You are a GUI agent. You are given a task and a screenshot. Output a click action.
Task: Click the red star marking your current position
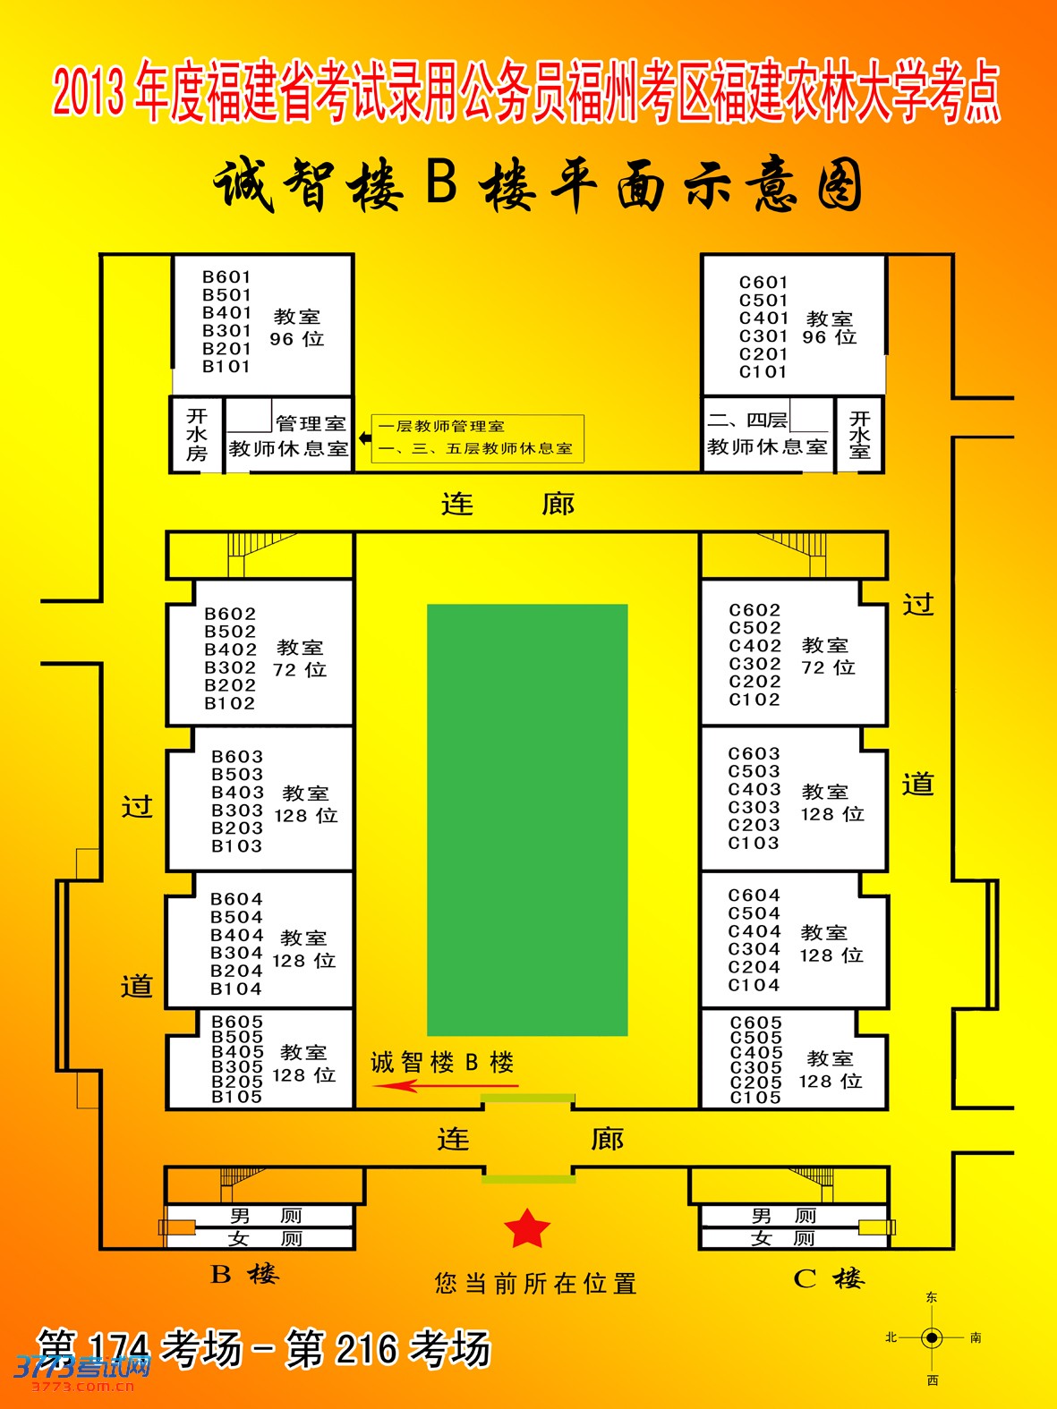(x=526, y=1228)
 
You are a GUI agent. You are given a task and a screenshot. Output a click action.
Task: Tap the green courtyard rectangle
(x=527, y=819)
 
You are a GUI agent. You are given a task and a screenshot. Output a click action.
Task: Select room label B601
(x=226, y=277)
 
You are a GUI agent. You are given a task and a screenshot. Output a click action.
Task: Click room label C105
(x=755, y=1098)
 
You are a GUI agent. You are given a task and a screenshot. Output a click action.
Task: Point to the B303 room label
(x=237, y=811)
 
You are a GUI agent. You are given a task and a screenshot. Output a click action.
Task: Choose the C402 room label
(x=754, y=646)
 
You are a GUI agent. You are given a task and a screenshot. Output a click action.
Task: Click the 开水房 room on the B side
(x=197, y=435)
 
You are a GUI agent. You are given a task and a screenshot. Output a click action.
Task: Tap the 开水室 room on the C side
(x=859, y=435)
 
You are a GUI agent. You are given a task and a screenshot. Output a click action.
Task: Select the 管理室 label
(x=311, y=424)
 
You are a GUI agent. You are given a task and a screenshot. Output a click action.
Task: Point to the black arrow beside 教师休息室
(x=364, y=438)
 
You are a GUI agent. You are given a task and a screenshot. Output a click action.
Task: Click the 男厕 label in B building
(x=266, y=1216)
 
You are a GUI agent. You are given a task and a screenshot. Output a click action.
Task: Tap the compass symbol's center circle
(x=932, y=1338)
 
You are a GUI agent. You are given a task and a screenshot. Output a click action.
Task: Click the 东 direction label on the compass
(x=932, y=1297)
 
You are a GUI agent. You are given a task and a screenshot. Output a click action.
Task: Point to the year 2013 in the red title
(x=89, y=93)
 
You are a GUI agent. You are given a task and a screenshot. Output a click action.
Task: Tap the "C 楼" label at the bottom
(x=828, y=1278)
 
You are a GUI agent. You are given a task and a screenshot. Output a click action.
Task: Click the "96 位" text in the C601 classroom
(x=830, y=337)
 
